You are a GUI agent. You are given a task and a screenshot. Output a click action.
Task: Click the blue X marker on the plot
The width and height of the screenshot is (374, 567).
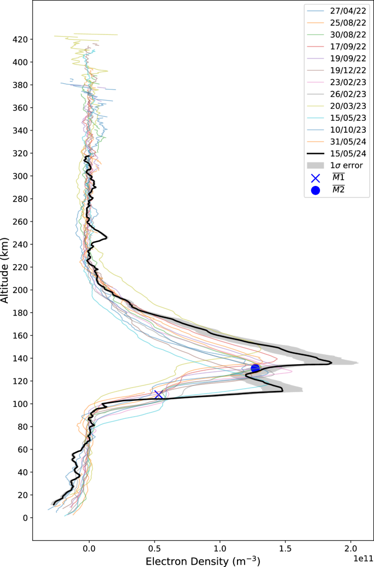158,394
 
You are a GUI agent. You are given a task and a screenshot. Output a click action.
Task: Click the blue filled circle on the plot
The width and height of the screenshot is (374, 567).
255,368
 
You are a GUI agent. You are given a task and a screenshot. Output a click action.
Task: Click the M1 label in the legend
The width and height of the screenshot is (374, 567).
339,178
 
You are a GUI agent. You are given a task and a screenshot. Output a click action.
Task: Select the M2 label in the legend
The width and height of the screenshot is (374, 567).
339,190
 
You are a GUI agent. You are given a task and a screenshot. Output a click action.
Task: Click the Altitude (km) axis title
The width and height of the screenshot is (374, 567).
5,271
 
